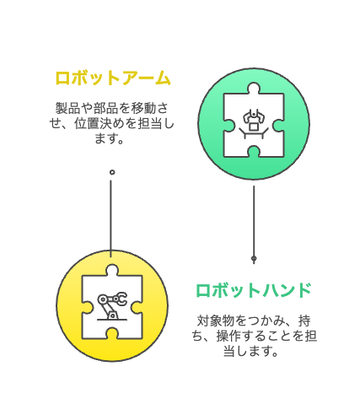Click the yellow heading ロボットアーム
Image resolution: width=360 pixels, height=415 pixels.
click(113, 78)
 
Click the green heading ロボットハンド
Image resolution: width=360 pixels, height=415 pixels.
click(254, 290)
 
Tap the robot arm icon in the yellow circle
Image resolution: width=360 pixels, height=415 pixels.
click(112, 306)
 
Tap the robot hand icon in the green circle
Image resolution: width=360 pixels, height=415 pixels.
click(254, 124)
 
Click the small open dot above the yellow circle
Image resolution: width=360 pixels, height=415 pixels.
click(112, 172)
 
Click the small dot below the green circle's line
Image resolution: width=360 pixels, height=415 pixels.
click(254, 258)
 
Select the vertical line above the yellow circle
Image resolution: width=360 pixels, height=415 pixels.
click(110, 218)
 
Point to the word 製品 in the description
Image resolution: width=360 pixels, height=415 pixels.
click(67, 108)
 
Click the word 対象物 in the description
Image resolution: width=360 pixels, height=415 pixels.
click(216, 321)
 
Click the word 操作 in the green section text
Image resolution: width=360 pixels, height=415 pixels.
click(228, 336)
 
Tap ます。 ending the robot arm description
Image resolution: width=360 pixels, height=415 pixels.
click(109, 138)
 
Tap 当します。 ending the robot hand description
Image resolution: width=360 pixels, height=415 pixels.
click(250, 351)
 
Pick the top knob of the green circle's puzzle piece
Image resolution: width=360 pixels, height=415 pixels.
click(254, 88)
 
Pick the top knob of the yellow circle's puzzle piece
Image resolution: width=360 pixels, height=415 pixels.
click(112, 270)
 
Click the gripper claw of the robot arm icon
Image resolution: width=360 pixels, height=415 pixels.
click(122, 299)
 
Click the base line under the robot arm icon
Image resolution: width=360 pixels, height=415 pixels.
click(112, 320)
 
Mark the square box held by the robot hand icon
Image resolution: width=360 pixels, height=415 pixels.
click(254, 127)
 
